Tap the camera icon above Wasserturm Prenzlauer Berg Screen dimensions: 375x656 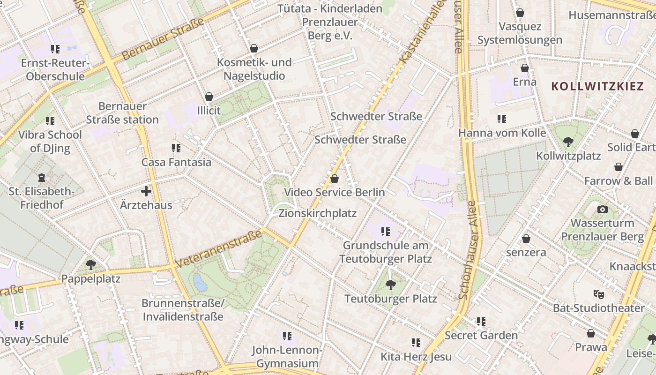(x=603, y=209)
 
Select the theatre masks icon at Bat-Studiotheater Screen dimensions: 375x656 (x=598, y=294)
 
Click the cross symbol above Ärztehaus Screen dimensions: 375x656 (x=146, y=191)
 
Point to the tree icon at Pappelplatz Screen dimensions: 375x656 (x=91, y=265)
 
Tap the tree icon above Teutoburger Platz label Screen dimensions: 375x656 (x=390, y=285)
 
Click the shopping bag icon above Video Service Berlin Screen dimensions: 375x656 (x=335, y=179)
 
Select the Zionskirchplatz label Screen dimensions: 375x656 (x=317, y=213)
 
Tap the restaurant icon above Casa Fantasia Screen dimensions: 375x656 (x=176, y=148)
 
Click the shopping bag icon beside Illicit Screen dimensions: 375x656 (x=209, y=97)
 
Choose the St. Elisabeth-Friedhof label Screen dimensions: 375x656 (x=42, y=198)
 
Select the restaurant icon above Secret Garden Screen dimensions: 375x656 (x=481, y=321)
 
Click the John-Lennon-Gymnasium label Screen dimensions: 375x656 (x=287, y=357)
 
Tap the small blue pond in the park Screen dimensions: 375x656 (x=200, y=282)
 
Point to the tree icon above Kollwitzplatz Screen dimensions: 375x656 (x=568, y=141)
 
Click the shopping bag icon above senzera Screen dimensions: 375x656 (x=526, y=239)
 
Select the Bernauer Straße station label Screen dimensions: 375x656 (x=122, y=113)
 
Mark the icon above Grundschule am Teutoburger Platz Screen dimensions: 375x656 (x=386, y=231)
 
